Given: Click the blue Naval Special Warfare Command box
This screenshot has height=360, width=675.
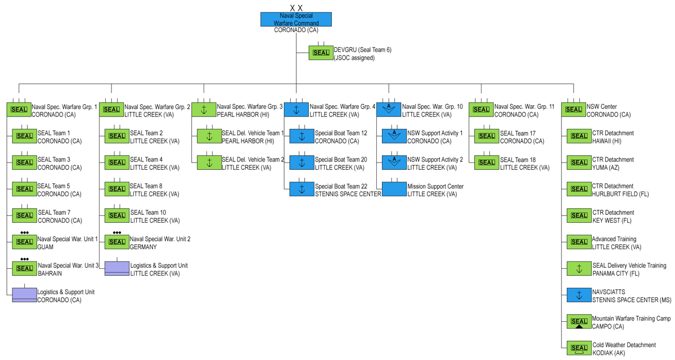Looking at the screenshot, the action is click(296, 19).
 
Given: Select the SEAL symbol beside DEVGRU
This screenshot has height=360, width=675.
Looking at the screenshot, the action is click(321, 53).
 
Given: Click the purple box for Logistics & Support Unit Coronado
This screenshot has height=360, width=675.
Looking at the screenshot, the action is click(24, 295).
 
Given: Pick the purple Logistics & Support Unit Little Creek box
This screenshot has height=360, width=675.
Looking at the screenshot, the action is click(117, 268).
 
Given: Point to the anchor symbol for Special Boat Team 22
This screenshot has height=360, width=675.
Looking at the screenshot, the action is click(301, 189).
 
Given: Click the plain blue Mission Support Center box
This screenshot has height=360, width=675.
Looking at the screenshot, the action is click(394, 189).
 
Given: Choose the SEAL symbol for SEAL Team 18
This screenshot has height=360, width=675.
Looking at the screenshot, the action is click(487, 163).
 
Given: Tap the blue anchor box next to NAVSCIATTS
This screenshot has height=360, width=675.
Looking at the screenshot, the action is click(579, 295).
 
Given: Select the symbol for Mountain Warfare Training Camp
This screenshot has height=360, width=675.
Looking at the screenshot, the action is click(579, 321).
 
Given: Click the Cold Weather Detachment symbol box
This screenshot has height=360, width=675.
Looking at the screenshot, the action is click(579, 348).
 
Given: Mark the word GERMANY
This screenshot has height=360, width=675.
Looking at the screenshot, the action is click(143, 247).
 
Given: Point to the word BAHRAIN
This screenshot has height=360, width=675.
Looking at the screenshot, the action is click(49, 273).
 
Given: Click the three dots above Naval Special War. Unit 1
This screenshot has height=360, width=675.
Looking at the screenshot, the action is click(24, 232).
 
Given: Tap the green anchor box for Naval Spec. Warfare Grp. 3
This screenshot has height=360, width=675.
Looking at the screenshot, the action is click(204, 110).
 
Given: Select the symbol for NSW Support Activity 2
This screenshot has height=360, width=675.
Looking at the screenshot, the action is click(394, 163).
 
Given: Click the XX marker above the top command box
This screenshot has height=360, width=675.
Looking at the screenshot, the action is click(296, 8).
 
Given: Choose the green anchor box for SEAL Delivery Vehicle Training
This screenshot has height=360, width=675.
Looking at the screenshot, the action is click(579, 268).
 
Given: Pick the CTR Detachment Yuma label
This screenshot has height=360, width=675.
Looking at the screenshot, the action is click(613, 164).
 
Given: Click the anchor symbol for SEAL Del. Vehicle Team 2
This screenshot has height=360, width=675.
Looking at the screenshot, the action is click(209, 163).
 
